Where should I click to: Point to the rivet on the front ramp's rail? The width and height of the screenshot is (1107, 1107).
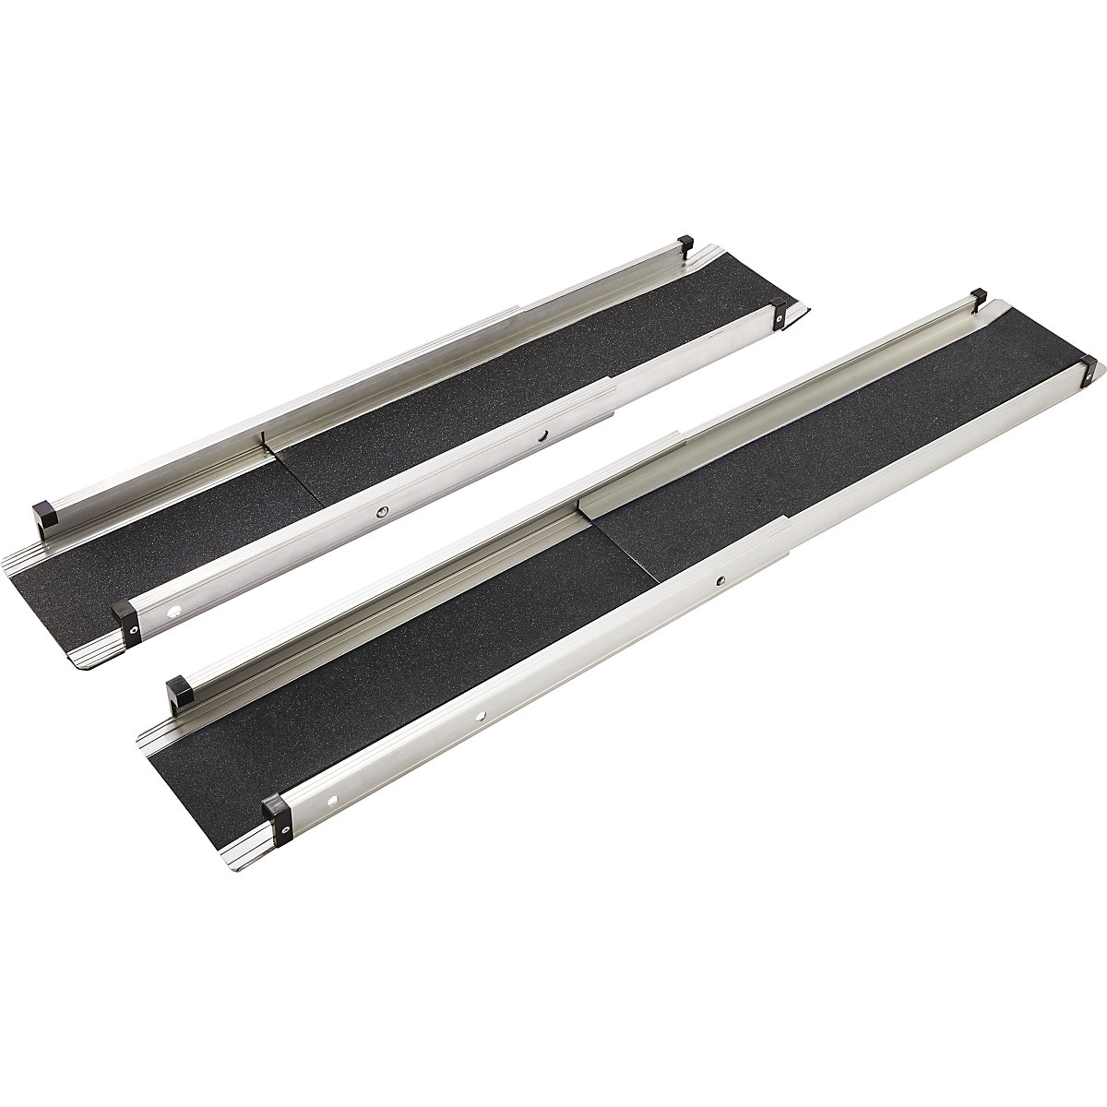point(721,581)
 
